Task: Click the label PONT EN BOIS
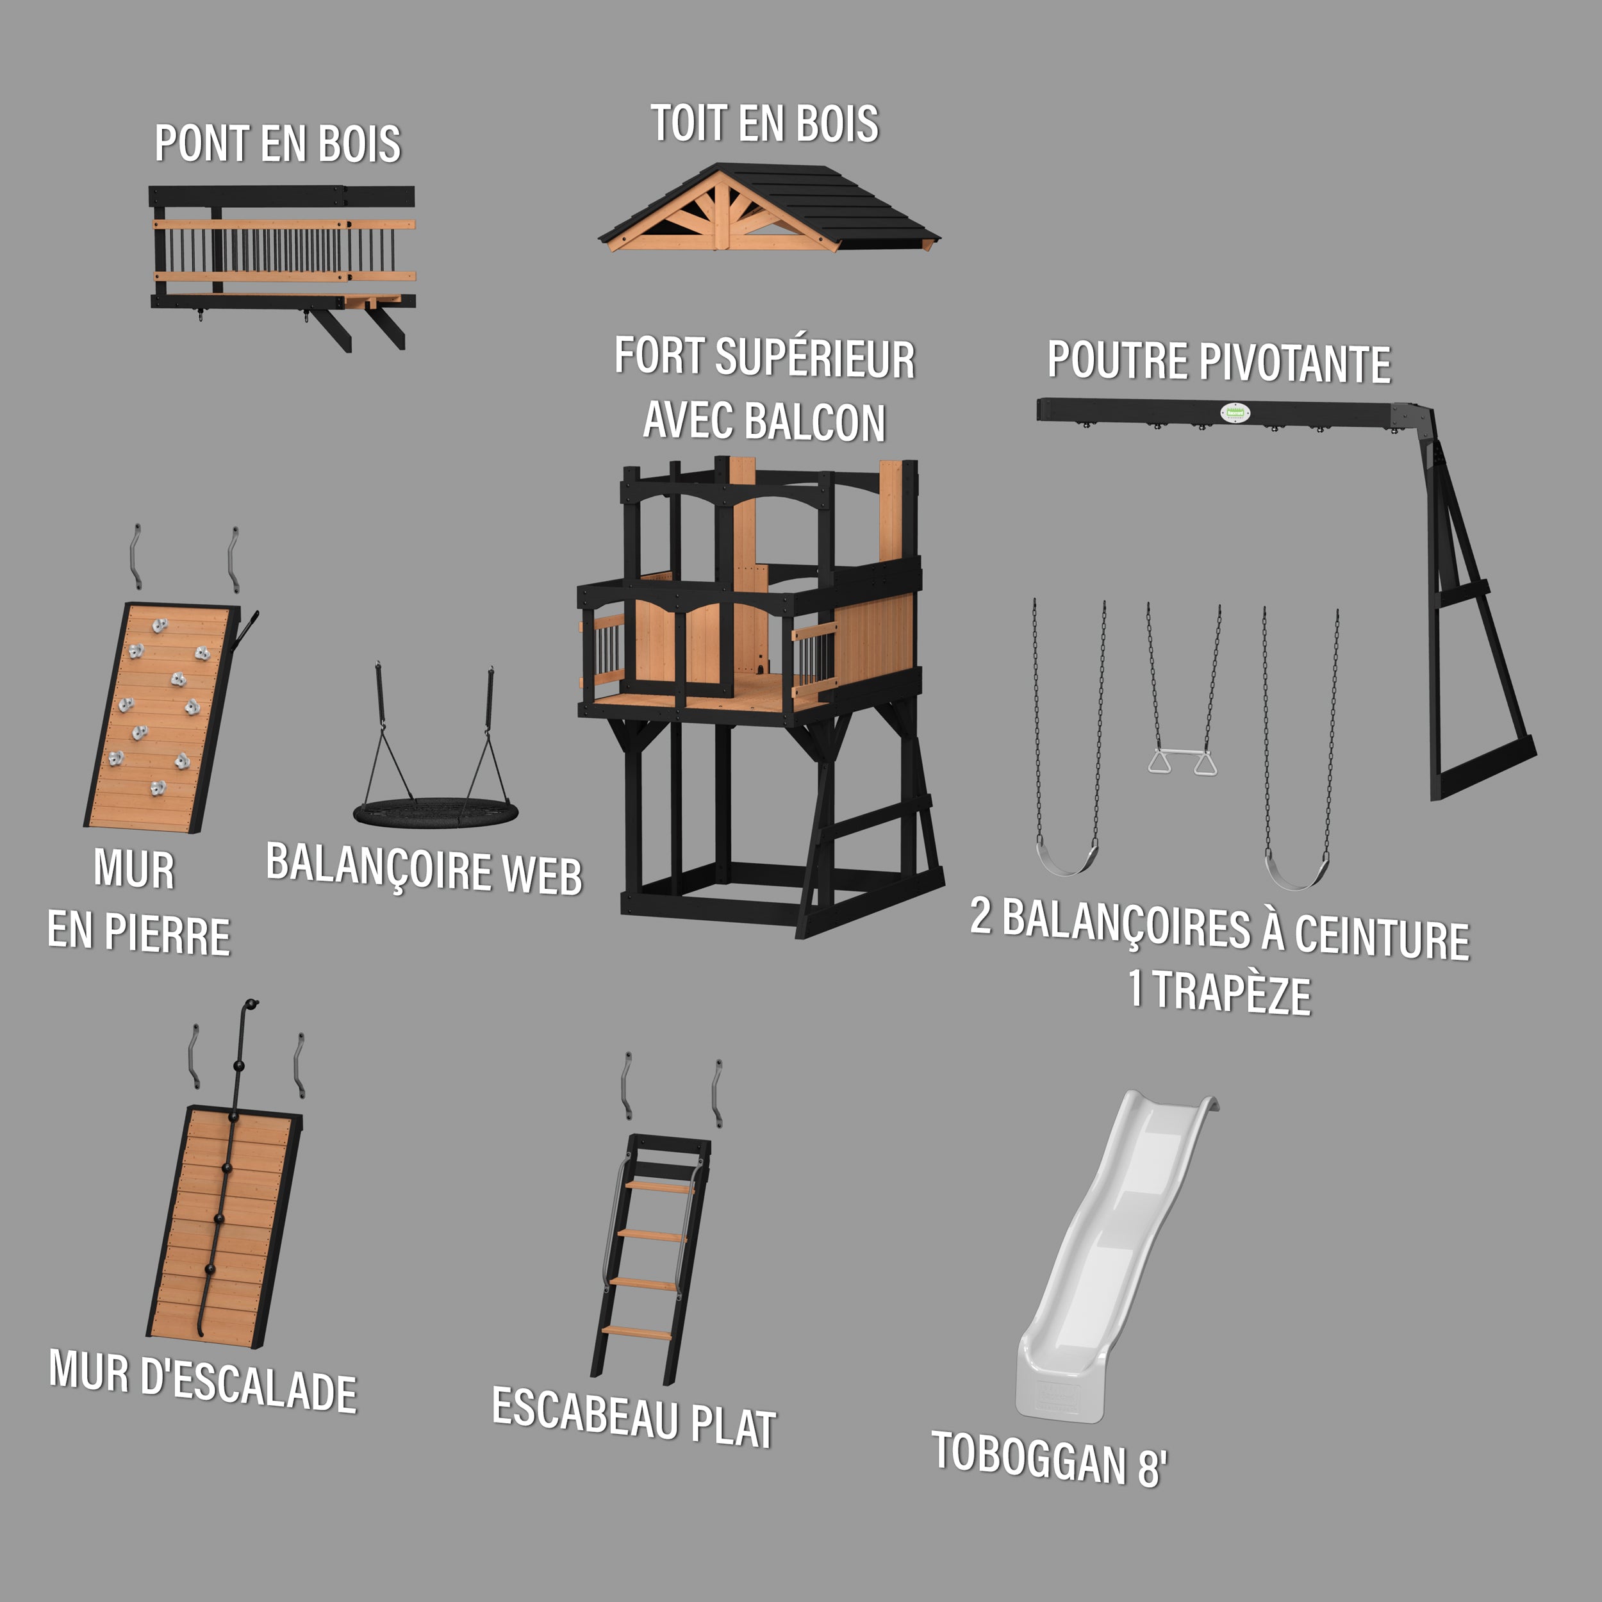point(277,144)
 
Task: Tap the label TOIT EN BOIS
point(764,124)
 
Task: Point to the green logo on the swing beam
point(1233,411)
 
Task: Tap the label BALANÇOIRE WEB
point(424,870)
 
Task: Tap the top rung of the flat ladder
point(659,1187)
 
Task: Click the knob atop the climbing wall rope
point(252,1004)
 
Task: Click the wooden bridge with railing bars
point(282,257)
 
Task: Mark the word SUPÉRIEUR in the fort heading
point(815,358)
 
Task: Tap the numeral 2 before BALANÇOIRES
point(981,916)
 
